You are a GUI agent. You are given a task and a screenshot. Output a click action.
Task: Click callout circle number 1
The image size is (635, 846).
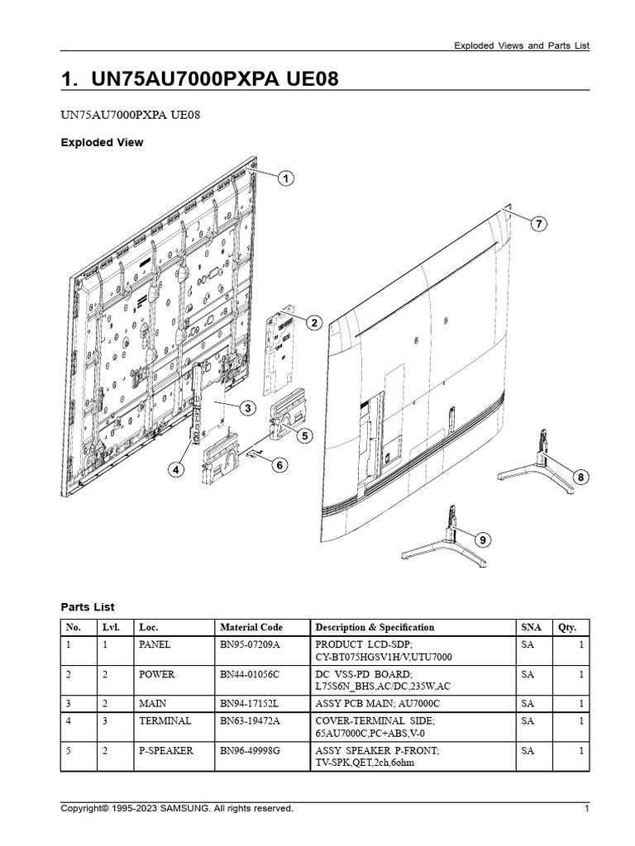(x=285, y=178)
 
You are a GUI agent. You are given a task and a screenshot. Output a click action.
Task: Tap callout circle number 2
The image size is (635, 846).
(x=314, y=323)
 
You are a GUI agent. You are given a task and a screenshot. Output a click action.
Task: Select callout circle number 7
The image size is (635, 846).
(x=538, y=224)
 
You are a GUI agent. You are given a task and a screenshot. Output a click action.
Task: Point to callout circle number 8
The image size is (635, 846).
(x=581, y=477)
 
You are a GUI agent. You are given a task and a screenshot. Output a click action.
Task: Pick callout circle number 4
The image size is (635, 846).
(x=175, y=469)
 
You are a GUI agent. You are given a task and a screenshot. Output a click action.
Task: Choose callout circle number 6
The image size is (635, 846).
(x=279, y=465)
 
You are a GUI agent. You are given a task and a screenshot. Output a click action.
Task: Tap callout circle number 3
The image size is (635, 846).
(x=246, y=408)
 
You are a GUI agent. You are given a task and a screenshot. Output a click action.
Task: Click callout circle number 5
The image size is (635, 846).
(x=304, y=435)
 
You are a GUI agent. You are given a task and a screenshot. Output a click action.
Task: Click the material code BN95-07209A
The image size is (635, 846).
(x=250, y=644)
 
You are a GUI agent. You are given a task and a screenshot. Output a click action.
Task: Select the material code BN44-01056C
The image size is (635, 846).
(x=250, y=674)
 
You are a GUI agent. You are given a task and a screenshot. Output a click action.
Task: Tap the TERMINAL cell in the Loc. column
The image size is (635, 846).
(x=165, y=720)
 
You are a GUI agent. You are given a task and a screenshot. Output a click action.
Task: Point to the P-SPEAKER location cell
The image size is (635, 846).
(x=166, y=750)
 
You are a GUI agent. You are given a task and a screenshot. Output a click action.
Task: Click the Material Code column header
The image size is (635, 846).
(x=251, y=627)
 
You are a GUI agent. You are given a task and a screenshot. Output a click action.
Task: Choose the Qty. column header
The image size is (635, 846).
(x=566, y=627)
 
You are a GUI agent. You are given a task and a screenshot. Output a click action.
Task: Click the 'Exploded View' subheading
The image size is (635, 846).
(x=102, y=142)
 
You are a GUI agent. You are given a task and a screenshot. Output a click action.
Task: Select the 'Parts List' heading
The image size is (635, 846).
(x=88, y=606)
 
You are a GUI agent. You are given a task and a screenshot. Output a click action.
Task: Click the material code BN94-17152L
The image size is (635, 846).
(x=250, y=704)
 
